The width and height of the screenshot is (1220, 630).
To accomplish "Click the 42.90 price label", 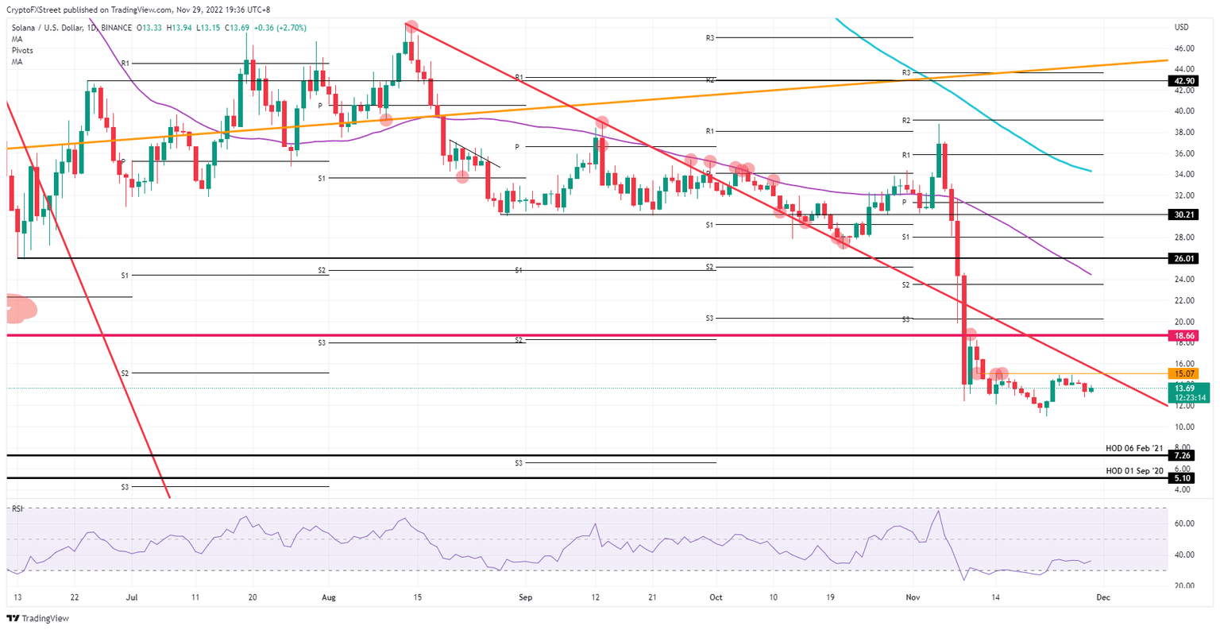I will (1182, 80).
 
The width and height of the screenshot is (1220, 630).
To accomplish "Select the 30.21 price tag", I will (1182, 215).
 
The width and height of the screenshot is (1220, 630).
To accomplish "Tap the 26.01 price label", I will (1182, 258).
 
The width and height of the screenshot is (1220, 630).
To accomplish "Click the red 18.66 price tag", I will (1183, 336).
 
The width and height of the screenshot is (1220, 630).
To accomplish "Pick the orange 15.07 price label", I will (1183, 373).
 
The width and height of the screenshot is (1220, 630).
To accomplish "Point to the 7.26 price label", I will (1182, 456).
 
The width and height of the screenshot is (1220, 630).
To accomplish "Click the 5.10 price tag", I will (1182, 478).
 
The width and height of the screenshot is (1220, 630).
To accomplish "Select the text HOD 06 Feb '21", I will (1134, 449).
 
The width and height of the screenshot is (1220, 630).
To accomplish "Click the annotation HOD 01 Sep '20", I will (1134, 471).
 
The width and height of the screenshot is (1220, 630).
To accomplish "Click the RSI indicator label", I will (17, 508).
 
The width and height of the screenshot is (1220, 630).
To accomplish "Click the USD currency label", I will (1181, 27).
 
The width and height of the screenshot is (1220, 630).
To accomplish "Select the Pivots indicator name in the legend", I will (22, 50).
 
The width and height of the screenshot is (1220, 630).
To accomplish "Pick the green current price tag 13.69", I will (1183, 388).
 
